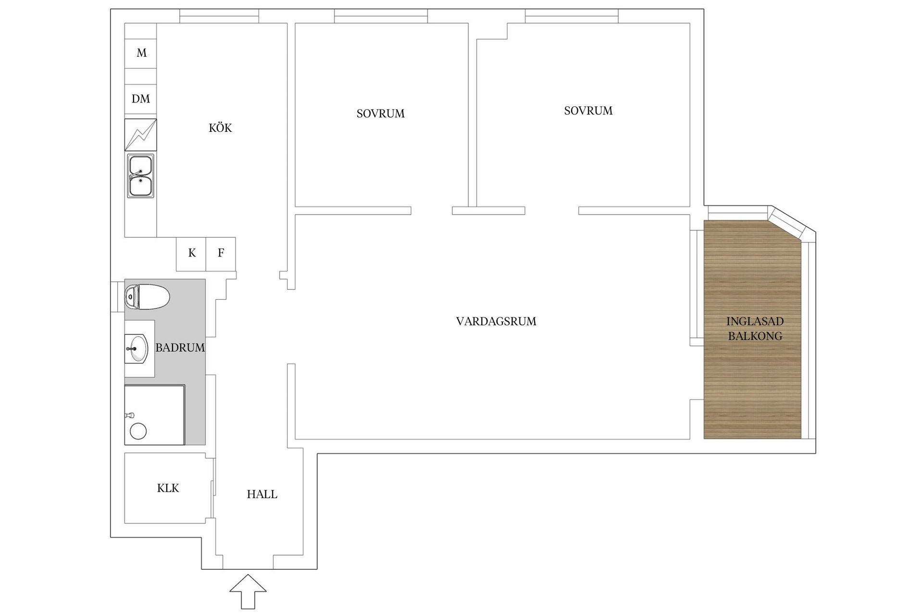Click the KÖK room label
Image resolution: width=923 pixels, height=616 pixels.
[220, 128]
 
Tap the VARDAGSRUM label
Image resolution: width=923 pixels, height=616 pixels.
[496, 321]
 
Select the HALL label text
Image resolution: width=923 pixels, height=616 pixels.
[262, 494]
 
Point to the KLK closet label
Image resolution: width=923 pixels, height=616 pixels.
[168, 488]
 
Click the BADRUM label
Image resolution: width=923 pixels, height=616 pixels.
[180, 347]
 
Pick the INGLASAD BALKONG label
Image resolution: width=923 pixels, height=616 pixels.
[755, 329]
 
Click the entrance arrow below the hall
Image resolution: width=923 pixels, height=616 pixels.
[248, 591]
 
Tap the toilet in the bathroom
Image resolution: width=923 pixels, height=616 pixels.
[147, 296]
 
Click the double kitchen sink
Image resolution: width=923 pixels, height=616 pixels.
[140, 176]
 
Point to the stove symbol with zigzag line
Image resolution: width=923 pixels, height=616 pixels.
[140, 135]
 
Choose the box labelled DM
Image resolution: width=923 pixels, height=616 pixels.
[140, 99]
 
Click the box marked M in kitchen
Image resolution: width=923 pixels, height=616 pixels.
[140, 53]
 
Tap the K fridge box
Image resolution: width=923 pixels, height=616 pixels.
[191, 254]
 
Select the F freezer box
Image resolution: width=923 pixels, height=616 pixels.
[221, 254]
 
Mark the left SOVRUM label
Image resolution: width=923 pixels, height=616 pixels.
[381, 114]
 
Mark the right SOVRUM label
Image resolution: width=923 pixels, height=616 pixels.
[588, 111]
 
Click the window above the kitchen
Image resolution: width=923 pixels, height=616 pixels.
[220, 16]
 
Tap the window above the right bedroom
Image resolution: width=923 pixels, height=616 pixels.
[572, 16]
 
